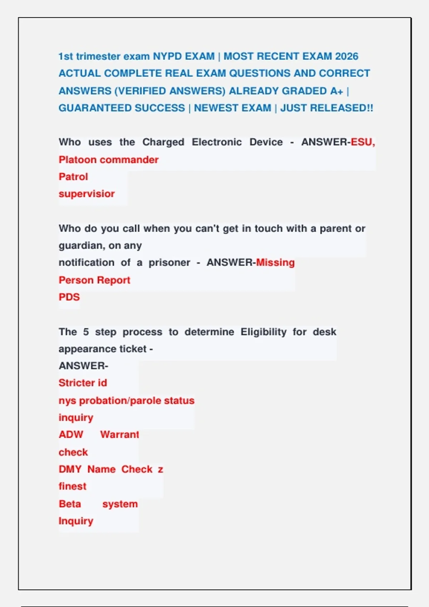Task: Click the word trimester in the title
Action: pyautogui.click(x=98, y=56)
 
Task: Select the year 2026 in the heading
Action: pyautogui.click(x=346, y=56)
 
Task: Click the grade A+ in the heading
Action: pyautogui.click(x=336, y=91)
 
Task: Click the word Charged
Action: pyautogui.click(x=163, y=142)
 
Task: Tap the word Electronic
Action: pyautogui.click(x=217, y=142)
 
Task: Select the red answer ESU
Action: pyautogui.click(x=361, y=142)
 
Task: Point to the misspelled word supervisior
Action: pyautogui.click(x=87, y=194)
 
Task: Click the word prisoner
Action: pyautogui.click(x=169, y=263)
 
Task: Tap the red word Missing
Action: pyautogui.click(x=275, y=262)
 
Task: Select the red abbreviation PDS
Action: pyautogui.click(x=69, y=297)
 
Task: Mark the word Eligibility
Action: pyautogui.click(x=263, y=332)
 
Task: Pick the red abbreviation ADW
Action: pyautogui.click(x=71, y=435)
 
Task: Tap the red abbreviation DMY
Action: pyautogui.click(x=70, y=469)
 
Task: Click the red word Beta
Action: pyautogui.click(x=70, y=504)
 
